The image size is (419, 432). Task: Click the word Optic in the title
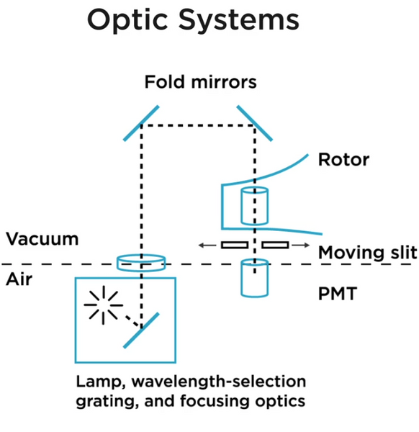pyautogui.click(x=127, y=21)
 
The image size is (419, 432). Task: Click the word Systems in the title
pyautogui.click(x=239, y=20)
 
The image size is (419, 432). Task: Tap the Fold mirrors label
pyautogui.click(x=201, y=82)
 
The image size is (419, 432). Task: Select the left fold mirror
pyautogui.click(x=141, y=123)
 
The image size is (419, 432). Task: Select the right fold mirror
pyautogui.click(x=255, y=123)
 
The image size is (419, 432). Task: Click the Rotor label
pyautogui.click(x=343, y=160)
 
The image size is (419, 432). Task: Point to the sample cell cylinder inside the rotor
pyautogui.click(x=255, y=206)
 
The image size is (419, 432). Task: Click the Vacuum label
pyautogui.click(x=42, y=239)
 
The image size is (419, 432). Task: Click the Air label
pyautogui.click(x=19, y=279)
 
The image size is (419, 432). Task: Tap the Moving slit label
pyautogui.click(x=368, y=253)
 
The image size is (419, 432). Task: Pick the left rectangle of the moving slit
pyautogui.click(x=235, y=245)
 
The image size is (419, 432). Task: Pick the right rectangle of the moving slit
pyautogui.click(x=275, y=245)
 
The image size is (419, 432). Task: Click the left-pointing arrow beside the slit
pyautogui.click(x=207, y=245)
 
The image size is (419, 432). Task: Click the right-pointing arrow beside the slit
pyautogui.click(x=301, y=245)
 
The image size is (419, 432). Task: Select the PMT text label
pyautogui.click(x=338, y=294)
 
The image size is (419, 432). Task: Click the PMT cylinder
pyautogui.click(x=255, y=278)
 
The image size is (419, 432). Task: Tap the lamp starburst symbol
pyautogui.click(x=103, y=305)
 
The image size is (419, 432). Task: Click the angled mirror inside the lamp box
pyautogui.click(x=141, y=330)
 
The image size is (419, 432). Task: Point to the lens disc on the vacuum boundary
pyautogui.click(x=141, y=263)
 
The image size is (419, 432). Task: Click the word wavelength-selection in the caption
pyautogui.click(x=219, y=382)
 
